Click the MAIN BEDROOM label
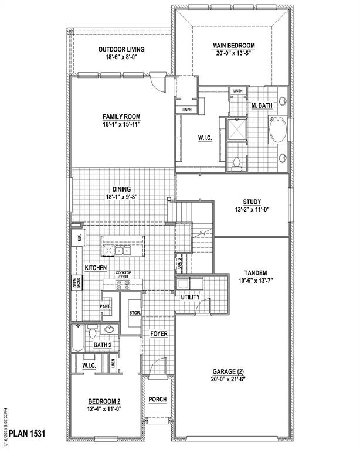[x=233, y=45]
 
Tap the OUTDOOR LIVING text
[x=121, y=49]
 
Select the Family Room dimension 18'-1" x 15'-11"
[x=122, y=124]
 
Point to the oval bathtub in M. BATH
[x=277, y=129]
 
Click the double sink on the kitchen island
[x=123, y=250]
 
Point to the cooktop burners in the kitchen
[x=123, y=285]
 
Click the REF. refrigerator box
[x=77, y=238]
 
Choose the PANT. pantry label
[x=106, y=306]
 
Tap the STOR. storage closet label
[x=134, y=313]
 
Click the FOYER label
[x=158, y=333]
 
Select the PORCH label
[x=157, y=400]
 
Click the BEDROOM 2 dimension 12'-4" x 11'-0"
[x=105, y=410]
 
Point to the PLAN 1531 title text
[x=27, y=435]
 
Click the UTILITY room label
[x=191, y=297]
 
